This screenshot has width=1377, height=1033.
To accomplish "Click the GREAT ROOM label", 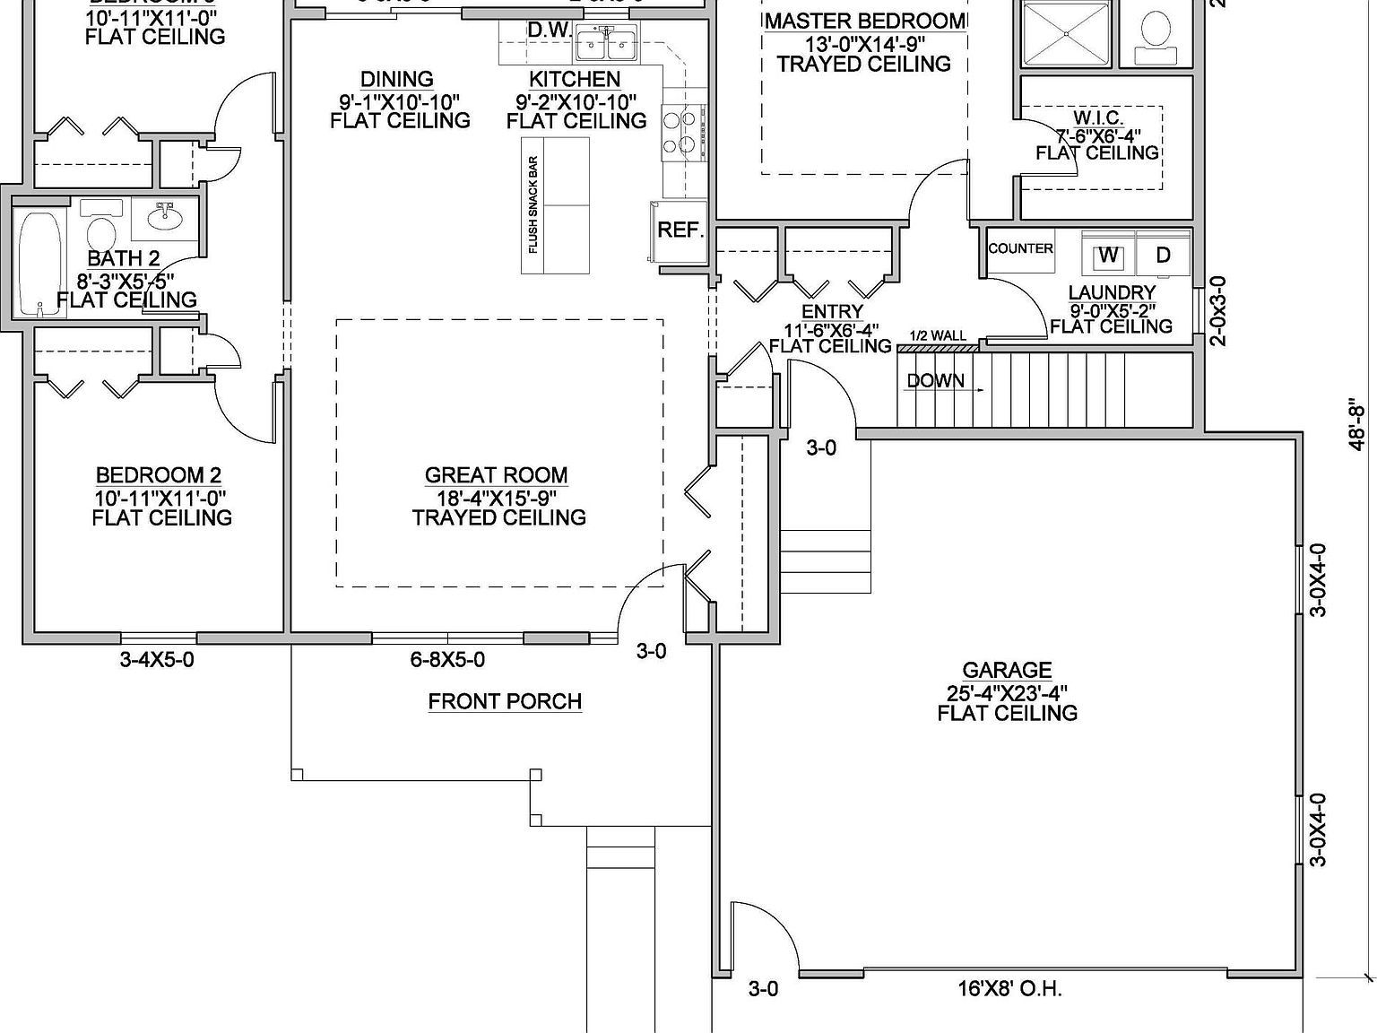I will click(496, 475).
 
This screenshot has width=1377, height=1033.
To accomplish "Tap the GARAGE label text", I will click(1007, 670).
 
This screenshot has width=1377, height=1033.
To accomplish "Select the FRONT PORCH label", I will click(505, 701).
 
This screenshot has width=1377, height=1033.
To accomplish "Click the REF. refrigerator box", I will click(680, 230).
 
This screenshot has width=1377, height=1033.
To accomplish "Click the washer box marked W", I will click(1109, 256).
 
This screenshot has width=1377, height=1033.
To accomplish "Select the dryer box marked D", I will click(1163, 256).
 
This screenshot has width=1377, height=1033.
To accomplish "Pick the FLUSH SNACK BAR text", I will click(533, 205).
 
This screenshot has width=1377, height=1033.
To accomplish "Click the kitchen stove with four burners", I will click(682, 132).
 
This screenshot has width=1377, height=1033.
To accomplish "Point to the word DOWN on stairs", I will click(935, 380).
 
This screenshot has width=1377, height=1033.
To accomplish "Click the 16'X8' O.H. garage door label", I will click(1009, 989).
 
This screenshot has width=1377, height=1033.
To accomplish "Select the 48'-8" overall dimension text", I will click(1358, 425).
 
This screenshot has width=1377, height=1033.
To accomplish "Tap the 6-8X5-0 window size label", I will click(447, 660).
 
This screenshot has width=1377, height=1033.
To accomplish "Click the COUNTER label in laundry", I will click(1020, 248).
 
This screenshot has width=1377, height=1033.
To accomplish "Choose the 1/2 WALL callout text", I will click(938, 336).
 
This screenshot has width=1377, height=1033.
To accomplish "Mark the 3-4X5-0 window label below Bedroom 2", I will click(157, 660).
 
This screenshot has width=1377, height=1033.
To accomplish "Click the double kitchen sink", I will click(607, 42).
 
